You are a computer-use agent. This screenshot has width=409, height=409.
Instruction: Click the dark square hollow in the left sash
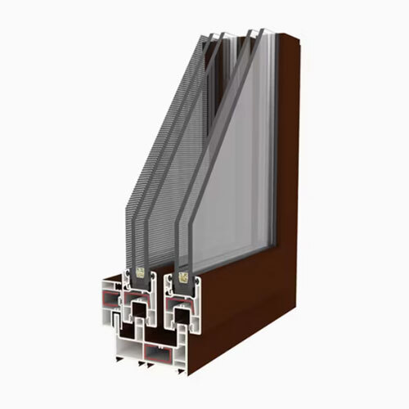click(x=140, y=308)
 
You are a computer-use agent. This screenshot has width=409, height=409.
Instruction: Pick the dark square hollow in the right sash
click(x=182, y=315)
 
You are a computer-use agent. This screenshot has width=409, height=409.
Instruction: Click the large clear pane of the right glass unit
click(x=237, y=164)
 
